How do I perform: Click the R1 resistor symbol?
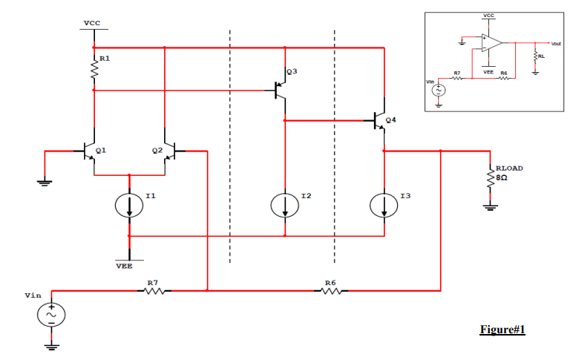coord(94,71)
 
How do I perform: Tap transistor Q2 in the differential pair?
coord(170,151)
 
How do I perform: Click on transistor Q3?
coord(281,90)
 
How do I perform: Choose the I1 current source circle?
coord(130,206)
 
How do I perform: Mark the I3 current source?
coord(384,206)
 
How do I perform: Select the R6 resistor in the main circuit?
coord(332,290)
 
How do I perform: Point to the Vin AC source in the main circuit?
coord(52,315)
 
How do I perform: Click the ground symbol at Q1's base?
coord(45,180)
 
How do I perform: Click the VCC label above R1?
coord(92,23)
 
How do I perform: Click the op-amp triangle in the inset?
coord(490,43)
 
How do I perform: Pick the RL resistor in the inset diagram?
coord(534,56)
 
